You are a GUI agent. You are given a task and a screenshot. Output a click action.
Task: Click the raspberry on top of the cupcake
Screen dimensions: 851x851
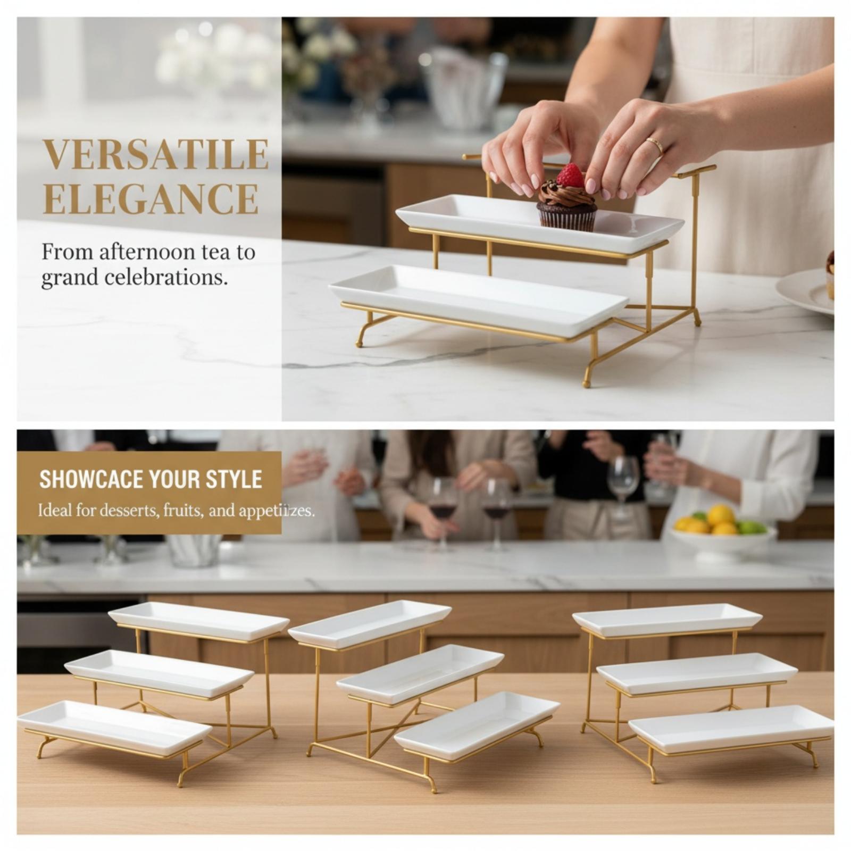570,176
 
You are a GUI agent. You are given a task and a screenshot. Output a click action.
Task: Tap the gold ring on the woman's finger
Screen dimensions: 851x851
655,145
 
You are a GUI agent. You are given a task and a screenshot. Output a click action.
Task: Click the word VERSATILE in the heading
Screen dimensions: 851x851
155,154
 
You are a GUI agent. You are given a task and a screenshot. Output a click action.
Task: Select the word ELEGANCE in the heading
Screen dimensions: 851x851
151,198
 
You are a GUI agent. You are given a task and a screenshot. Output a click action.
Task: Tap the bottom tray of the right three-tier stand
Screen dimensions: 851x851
731,728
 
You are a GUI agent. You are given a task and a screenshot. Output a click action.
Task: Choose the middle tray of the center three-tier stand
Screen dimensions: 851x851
420,673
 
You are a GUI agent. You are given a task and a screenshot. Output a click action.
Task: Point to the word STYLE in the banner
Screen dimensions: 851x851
234,479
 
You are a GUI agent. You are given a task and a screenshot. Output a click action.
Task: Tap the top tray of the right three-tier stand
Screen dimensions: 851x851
667,619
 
